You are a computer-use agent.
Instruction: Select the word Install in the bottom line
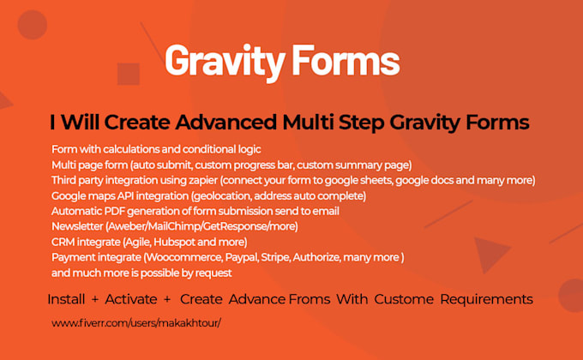click(66, 299)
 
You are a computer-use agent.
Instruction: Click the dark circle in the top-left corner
click(32, 24)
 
